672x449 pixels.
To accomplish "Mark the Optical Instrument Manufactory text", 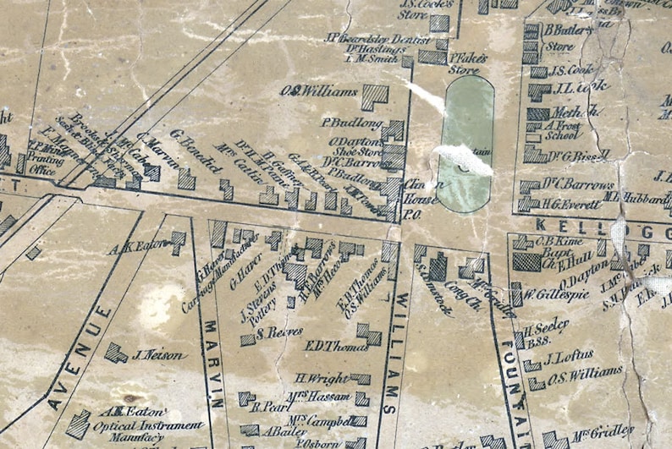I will pos(147,425).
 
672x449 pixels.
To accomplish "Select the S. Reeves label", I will pos(278,332).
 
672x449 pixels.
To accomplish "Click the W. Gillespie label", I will pos(554,295).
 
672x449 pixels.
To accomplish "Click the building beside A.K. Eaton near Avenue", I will pos(179,243).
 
